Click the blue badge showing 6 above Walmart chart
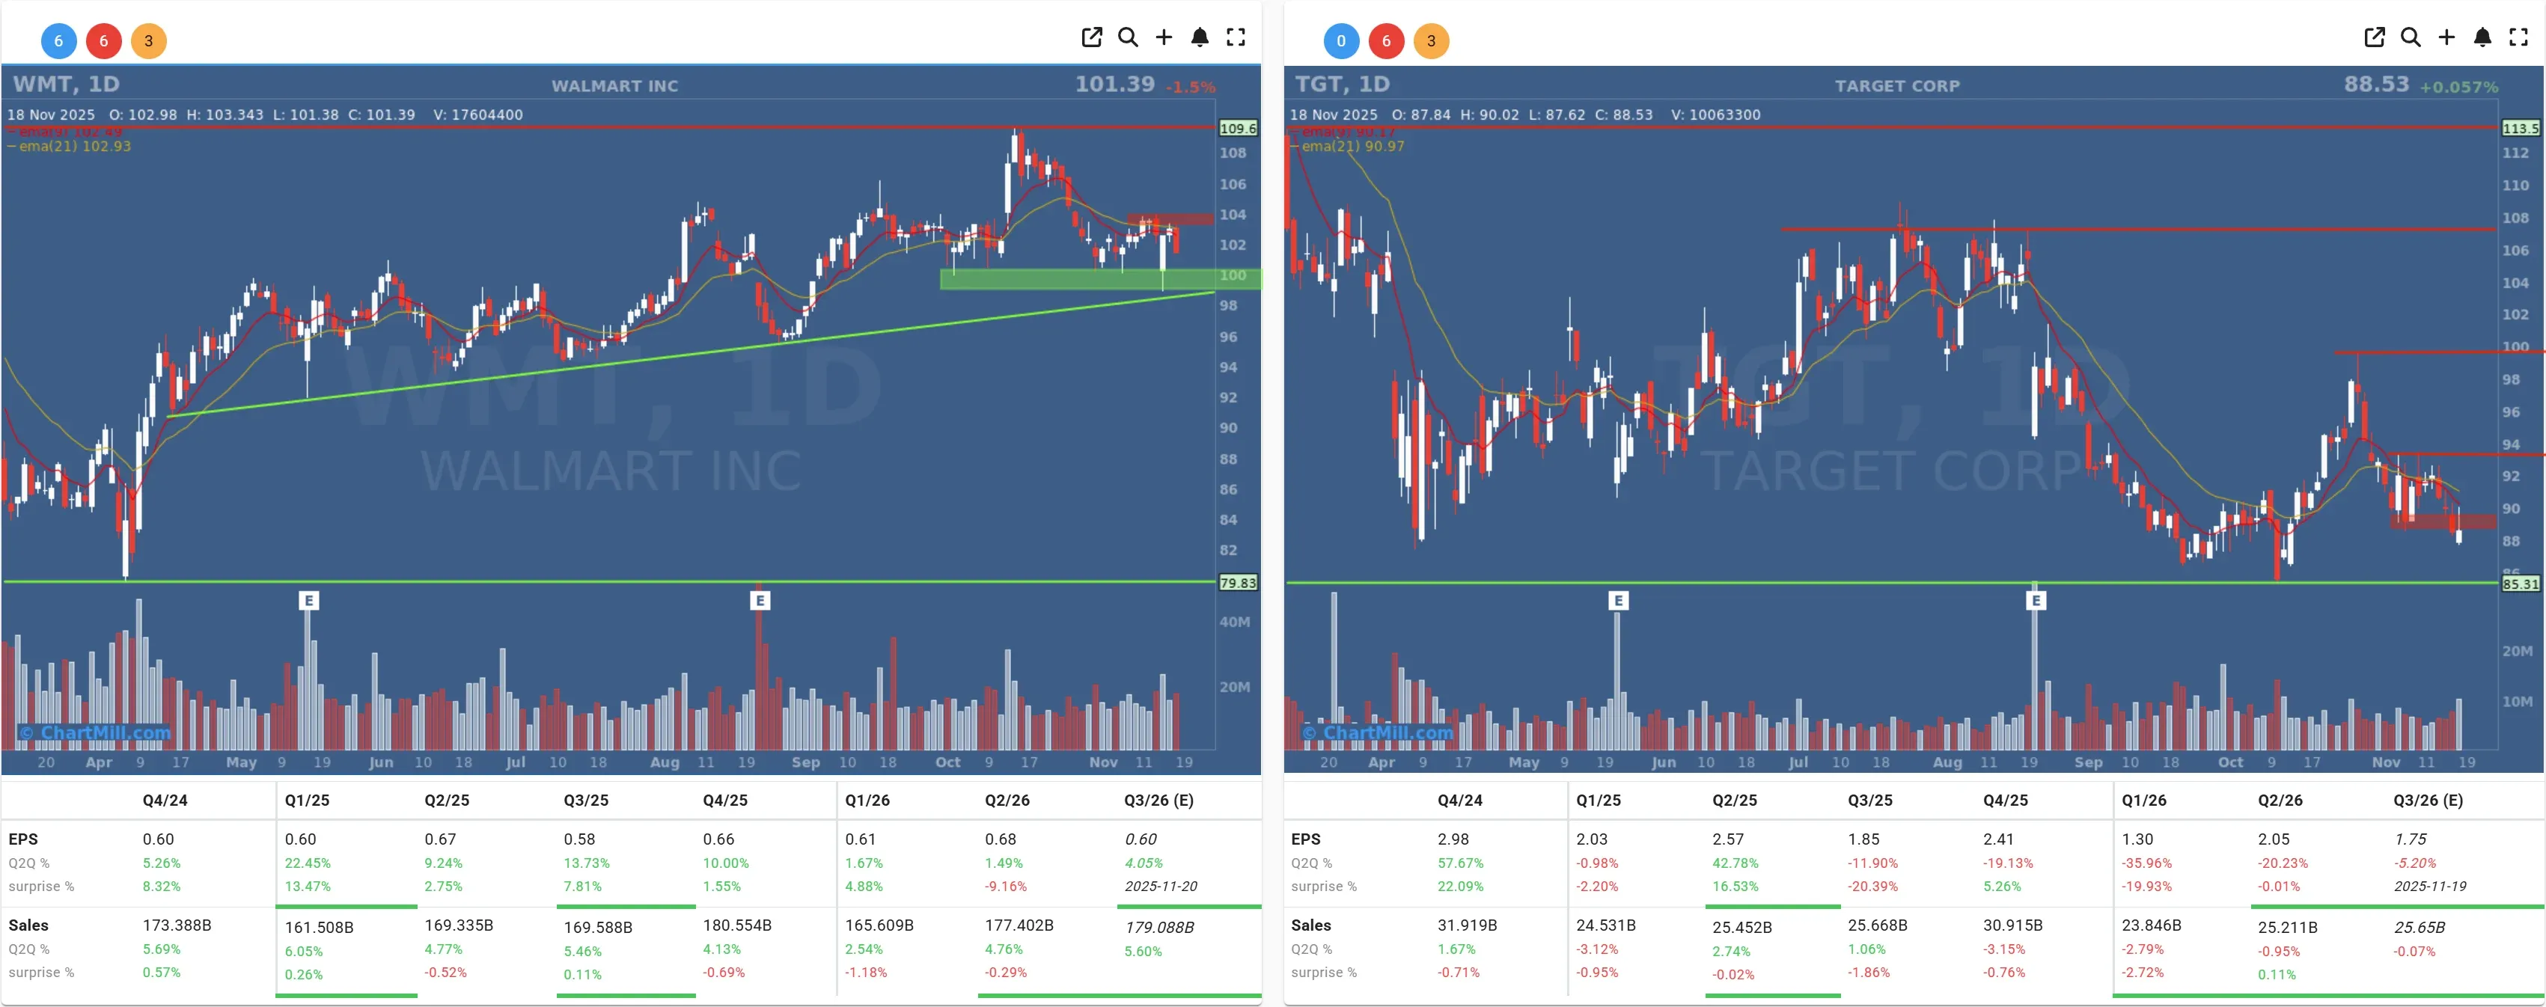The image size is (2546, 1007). tap(58, 40)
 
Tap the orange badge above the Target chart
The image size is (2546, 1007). tap(1430, 40)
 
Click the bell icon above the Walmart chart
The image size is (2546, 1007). tap(1199, 37)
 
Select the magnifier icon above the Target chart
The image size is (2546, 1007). tap(2410, 37)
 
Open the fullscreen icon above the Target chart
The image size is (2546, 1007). tap(2518, 37)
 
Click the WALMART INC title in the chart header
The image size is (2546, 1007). tap(614, 86)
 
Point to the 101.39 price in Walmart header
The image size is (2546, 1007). tap(1114, 84)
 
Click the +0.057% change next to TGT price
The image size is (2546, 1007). tap(2458, 87)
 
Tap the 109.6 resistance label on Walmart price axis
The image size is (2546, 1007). tap(1237, 129)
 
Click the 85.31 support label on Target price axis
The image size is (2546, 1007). tap(2519, 584)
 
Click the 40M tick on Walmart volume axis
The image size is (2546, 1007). tap(1234, 622)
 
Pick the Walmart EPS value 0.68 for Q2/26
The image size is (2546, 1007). tap(999, 839)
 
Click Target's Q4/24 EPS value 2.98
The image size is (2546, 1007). tap(1452, 839)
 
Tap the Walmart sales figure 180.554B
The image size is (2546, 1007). tap(736, 925)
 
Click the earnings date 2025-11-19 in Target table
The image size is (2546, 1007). tap(2429, 887)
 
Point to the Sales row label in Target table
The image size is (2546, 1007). tap(1310, 925)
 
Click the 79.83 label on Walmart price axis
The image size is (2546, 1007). tap(1237, 583)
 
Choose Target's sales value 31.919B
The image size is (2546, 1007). tap(1467, 925)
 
